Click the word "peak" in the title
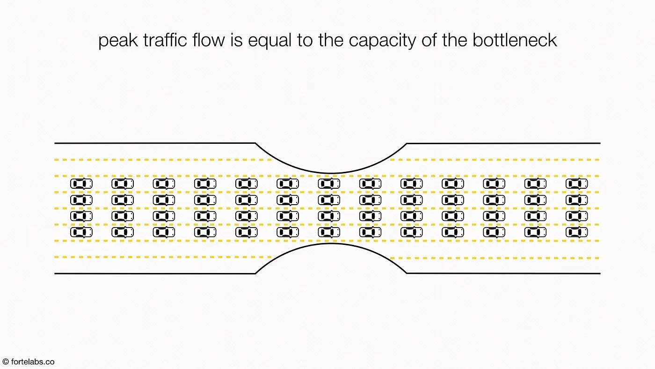coord(118,41)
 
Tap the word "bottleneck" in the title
coord(514,40)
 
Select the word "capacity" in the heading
coord(382,41)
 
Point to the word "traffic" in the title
coord(165,40)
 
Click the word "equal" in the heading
coord(269,41)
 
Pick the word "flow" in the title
coord(209,40)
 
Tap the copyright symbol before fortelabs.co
coord(5,362)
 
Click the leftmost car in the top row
coord(81,184)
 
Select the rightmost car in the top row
coord(576,184)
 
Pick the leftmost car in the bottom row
coord(81,232)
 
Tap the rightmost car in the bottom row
coord(576,232)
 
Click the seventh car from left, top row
coord(329,184)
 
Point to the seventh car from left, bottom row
coord(329,232)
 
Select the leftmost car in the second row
coord(81,200)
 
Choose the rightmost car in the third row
coord(576,216)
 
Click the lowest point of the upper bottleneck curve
coord(331,173)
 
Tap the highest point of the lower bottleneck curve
coord(331,244)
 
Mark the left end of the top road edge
coord(55,143)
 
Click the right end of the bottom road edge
coord(600,273)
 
